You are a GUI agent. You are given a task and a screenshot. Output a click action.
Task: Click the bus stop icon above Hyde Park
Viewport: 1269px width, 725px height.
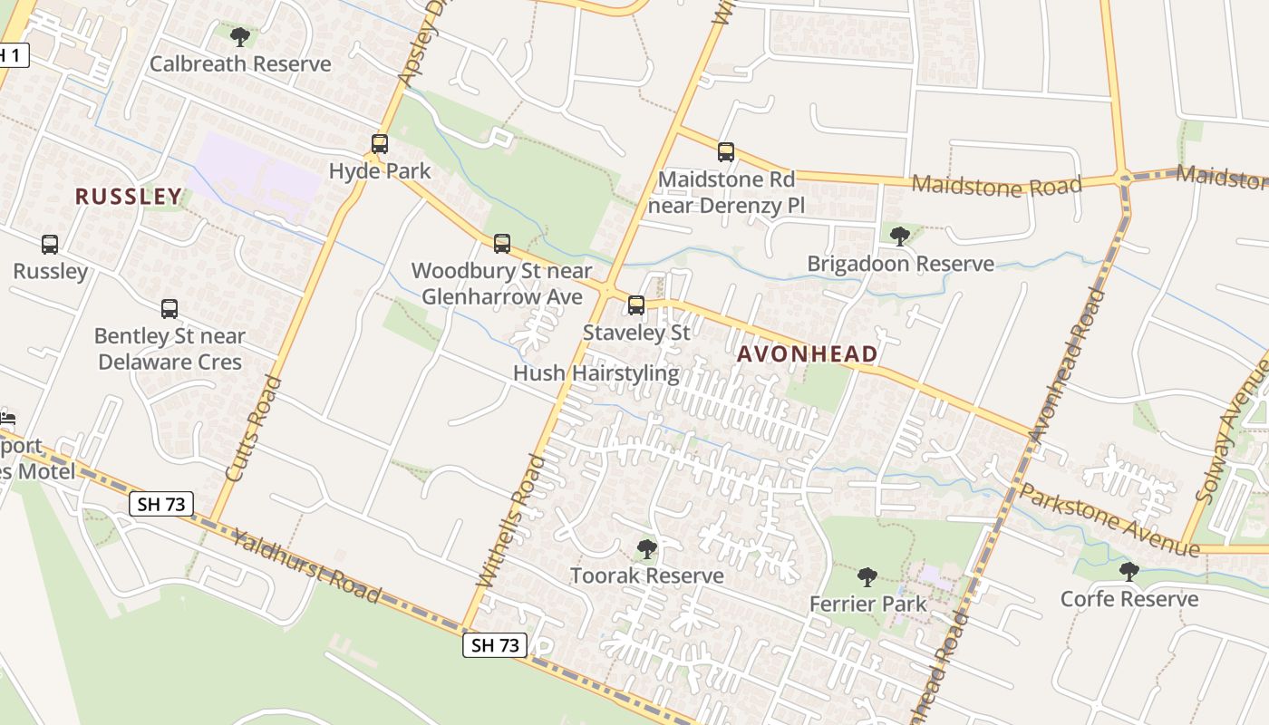click(x=380, y=144)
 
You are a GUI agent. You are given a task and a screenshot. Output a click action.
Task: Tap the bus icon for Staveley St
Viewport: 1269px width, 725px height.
click(x=636, y=305)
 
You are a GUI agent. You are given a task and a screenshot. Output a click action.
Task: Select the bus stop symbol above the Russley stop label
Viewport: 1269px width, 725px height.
click(x=50, y=245)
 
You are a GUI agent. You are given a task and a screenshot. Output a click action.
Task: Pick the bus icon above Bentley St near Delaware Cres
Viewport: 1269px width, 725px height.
click(x=170, y=309)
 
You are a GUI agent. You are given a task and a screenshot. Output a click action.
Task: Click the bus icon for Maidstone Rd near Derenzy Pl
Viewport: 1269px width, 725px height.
click(x=725, y=152)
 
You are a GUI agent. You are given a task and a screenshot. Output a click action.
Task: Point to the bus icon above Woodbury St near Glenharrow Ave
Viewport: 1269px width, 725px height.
click(x=501, y=244)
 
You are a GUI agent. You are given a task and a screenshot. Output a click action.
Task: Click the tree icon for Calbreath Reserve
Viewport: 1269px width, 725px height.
click(x=240, y=37)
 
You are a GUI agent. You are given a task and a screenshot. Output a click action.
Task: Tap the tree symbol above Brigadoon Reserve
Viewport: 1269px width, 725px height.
click(x=899, y=237)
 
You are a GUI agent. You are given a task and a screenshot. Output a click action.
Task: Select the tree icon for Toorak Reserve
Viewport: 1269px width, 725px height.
click(x=646, y=548)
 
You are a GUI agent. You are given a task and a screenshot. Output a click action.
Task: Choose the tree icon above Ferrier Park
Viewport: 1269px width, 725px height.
click(x=867, y=577)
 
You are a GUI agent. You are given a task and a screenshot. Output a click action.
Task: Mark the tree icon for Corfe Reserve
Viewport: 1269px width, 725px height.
click(x=1129, y=572)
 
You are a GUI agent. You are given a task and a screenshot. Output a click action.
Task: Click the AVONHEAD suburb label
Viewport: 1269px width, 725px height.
click(x=807, y=354)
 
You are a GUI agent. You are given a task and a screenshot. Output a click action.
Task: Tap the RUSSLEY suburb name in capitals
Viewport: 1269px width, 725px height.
click(x=129, y=197)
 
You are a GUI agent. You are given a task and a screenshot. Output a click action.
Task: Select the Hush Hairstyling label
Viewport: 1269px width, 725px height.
click(x=596, y=373)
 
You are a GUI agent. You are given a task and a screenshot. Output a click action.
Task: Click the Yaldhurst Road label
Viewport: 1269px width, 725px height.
click(x=305, y=566)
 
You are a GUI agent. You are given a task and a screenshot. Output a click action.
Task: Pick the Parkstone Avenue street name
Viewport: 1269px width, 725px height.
click(x=1109, y=520)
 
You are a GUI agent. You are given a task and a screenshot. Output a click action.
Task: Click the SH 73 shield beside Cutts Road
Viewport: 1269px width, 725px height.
click(x=162, y=505)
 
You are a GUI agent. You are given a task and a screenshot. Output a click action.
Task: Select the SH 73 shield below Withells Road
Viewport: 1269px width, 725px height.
click(x=495, y=645)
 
